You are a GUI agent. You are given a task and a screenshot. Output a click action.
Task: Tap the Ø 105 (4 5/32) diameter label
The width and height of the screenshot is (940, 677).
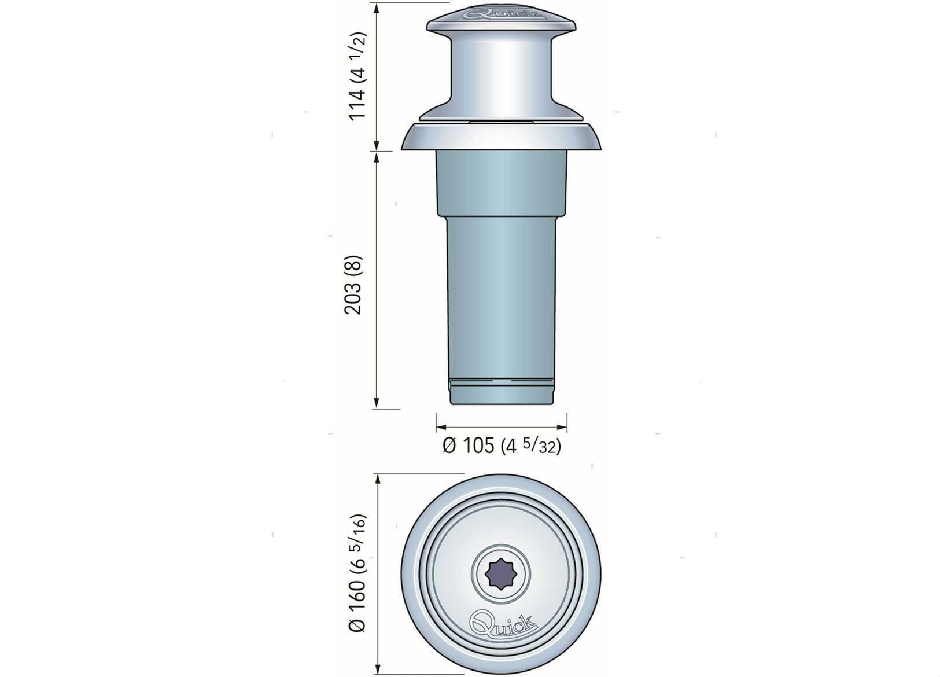point(502,446)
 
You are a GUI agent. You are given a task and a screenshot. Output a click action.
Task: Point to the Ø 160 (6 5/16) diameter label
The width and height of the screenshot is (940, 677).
point(357,573)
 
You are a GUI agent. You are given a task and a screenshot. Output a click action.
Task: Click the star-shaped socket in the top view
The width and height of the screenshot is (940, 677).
point(501,574)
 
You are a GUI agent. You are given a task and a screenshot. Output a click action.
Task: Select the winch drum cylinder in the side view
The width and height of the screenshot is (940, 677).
point(501,76)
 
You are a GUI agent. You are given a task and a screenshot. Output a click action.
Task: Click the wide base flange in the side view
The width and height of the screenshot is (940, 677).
point(501,136)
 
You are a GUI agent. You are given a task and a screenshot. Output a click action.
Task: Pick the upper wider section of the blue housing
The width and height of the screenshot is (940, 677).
point(502,183)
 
